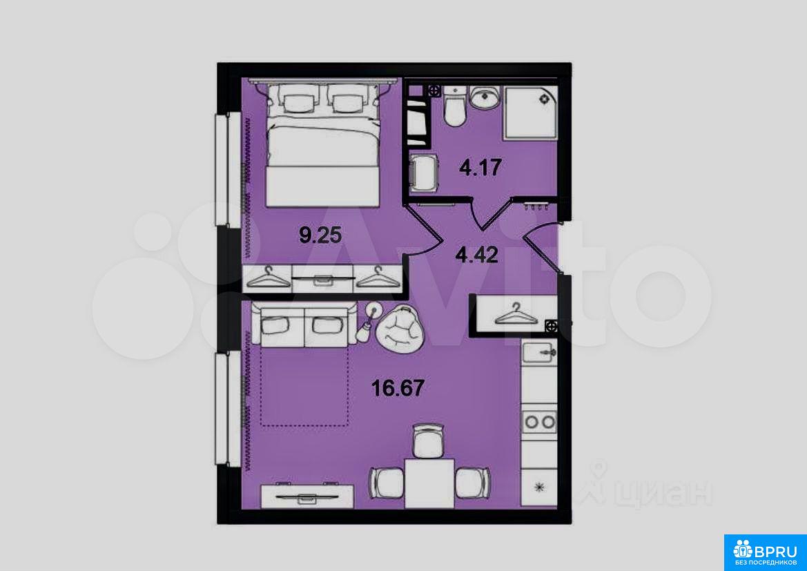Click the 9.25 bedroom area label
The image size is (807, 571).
(320, 236)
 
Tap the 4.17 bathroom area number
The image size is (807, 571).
(480, 167)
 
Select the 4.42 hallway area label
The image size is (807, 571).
(476, 254)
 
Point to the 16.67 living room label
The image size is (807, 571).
(398, 388)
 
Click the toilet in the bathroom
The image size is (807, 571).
(455, 107)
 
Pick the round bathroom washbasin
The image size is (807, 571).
(485, 98)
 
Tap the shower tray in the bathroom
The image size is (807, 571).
(531, 112)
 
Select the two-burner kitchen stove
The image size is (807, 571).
(539, 422)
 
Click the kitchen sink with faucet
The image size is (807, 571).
(539, 354)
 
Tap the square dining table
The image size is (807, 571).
(429, 483)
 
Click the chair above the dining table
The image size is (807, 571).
(428, 441)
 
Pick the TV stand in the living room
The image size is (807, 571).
(307, 496)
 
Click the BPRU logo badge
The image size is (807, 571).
(766, 552)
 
